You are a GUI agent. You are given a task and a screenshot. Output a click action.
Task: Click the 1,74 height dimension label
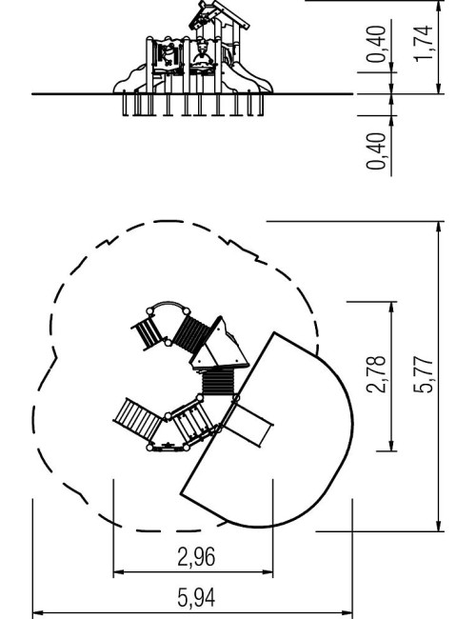(x=424, y=43)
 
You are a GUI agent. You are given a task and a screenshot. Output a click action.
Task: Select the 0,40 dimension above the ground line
(x=377, y=44)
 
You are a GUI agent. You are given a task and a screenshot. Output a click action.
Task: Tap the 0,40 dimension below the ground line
(x=377, y=150)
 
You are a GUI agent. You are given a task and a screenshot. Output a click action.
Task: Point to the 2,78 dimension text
(x=377, y=374)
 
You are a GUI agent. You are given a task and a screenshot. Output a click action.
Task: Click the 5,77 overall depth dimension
(x=424, y=374)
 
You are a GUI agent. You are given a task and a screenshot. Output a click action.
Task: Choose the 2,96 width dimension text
(x=196, y=557)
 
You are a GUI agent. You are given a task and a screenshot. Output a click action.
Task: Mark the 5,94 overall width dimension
(x=196, y=598)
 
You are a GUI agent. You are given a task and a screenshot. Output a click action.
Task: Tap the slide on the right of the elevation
(x=248, y=78)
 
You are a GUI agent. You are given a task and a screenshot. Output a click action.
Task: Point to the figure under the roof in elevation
(x=203, y=53)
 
